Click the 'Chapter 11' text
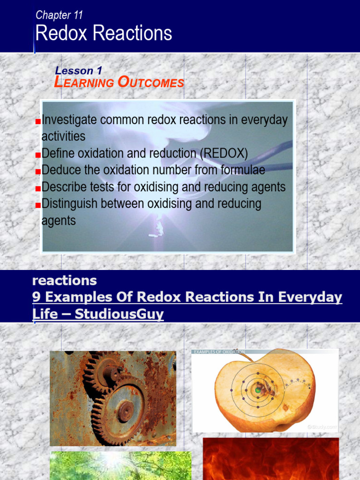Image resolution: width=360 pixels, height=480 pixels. [x=59, y=15]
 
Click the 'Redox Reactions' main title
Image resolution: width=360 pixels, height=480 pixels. [x=104, y=34]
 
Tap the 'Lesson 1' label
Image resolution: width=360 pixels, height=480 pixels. [x=78, y=71]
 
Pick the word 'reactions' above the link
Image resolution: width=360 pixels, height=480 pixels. [x=65, y=281]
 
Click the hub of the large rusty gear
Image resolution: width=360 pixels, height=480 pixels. [x=125, y=411]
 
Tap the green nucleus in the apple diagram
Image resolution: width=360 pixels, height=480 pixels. [x=258, y=390]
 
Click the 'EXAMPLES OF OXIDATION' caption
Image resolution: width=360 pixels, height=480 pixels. [x=219, y=352]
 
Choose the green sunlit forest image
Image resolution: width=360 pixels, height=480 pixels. [x=120, y=465]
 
